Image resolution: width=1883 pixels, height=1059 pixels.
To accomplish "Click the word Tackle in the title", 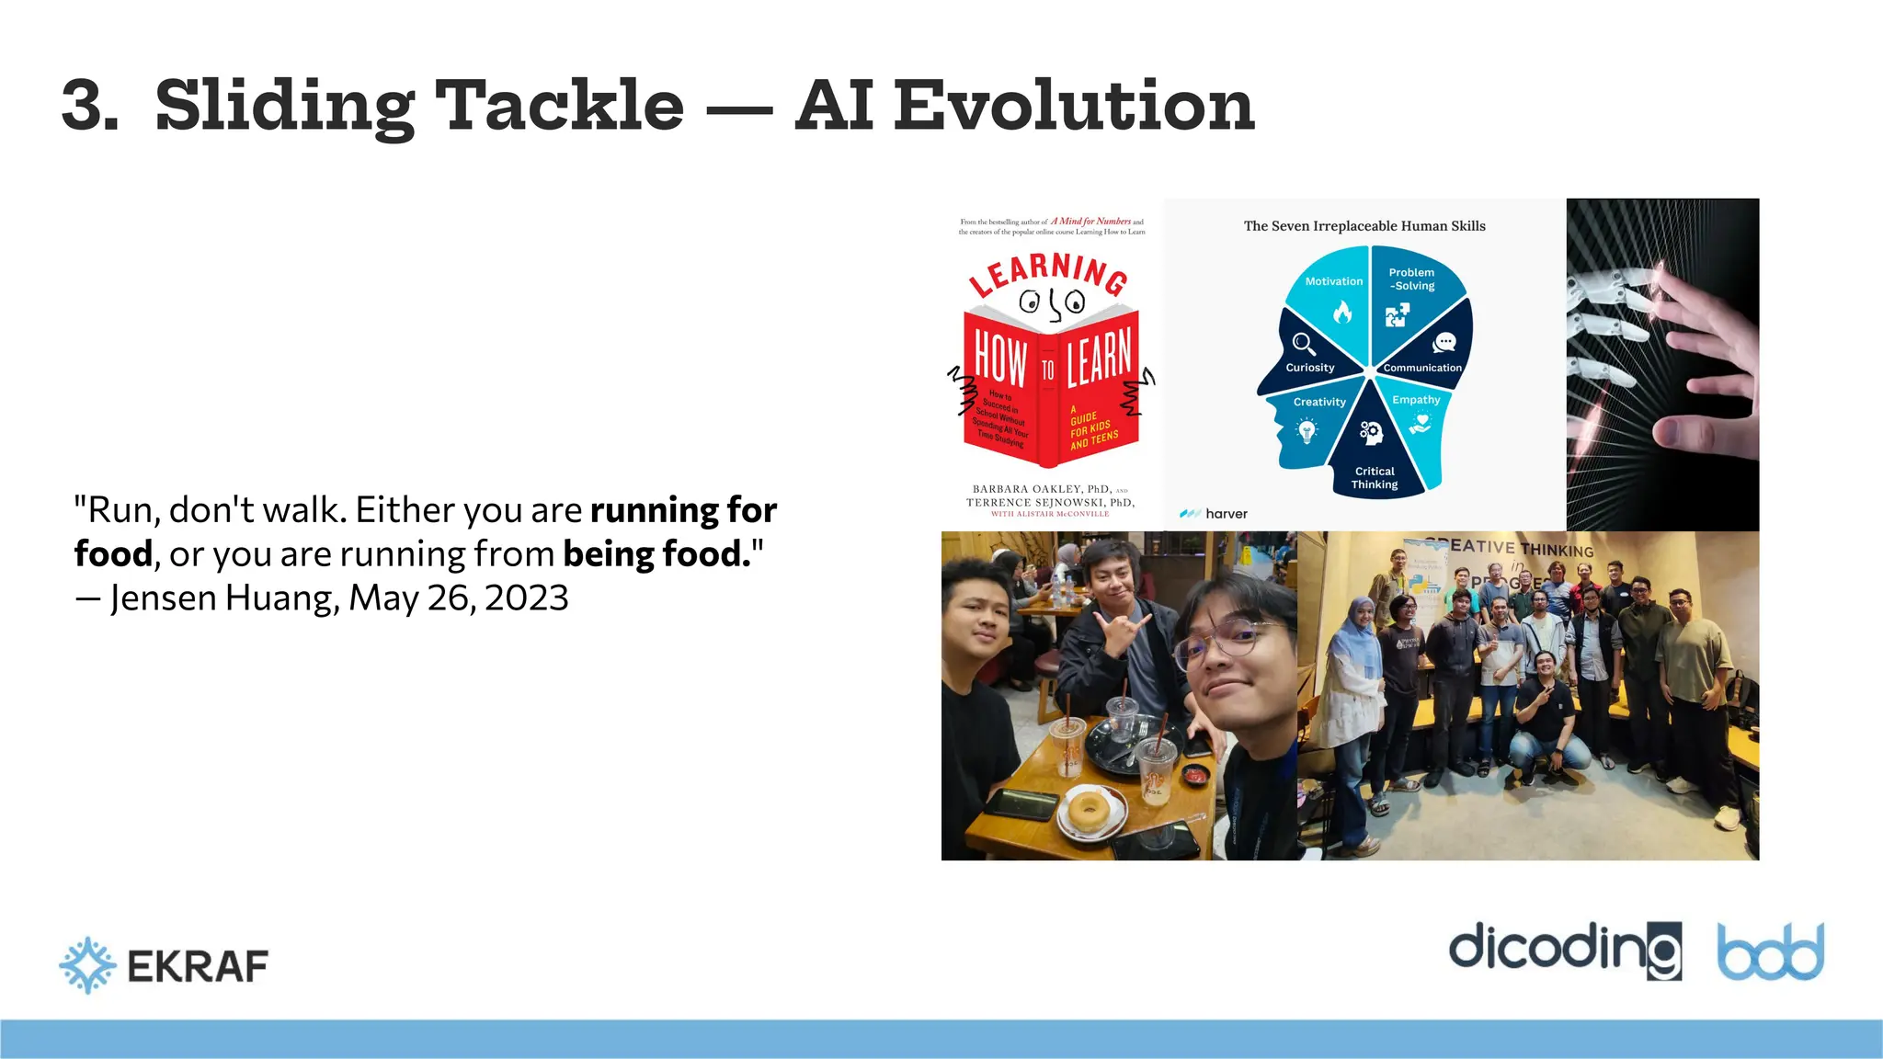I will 558,106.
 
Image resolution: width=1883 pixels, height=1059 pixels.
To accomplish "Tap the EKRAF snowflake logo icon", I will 87,965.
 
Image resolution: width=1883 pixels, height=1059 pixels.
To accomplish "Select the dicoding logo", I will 1564,949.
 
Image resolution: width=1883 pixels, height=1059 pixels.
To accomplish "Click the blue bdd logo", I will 1770,952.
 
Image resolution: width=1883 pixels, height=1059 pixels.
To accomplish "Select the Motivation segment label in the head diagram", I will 1333,281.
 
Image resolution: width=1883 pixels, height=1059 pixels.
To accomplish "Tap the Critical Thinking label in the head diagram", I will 1374,478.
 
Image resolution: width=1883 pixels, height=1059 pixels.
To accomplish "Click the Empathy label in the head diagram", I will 1416,400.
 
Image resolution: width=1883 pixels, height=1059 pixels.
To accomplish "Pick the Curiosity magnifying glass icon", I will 1304,344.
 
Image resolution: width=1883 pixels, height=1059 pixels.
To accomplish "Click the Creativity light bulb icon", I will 1307,430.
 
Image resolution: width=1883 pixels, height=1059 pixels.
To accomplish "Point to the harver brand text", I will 1226,514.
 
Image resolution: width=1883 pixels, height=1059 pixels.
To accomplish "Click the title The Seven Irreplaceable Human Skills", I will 1364,226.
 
